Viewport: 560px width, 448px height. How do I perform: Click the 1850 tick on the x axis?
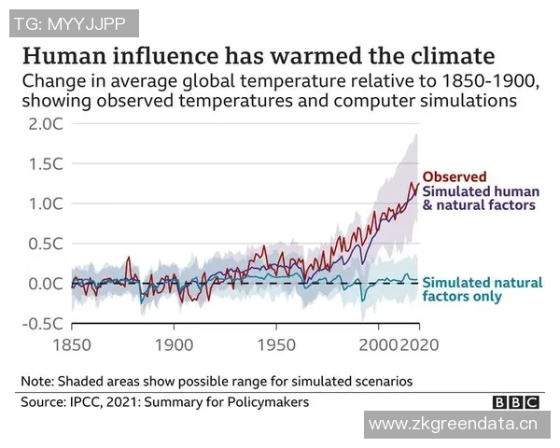coord(73,344)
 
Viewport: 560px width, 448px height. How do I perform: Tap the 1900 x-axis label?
coord(174,344)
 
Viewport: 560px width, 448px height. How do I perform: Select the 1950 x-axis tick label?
coord(276,344)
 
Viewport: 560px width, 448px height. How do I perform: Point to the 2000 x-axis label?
coord(378,344)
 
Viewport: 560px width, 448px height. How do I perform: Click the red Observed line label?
coord(455,176)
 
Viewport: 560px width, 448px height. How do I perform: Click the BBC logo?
coord(516,402)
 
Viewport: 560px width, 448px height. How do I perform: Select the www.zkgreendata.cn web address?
coord(454,427)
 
